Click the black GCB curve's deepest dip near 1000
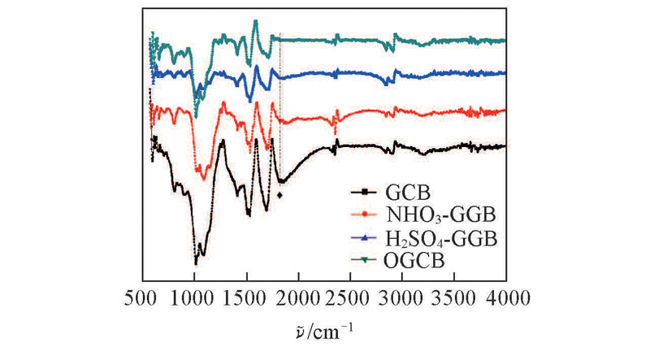click(x=195, y=262)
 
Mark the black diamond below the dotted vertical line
click(x=280, y=195)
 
